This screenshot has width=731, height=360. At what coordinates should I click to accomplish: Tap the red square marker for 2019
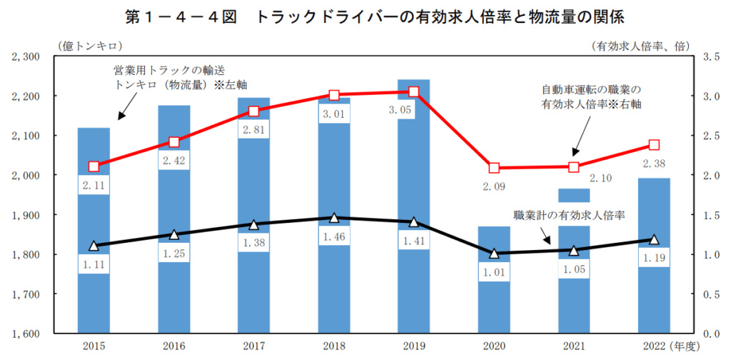(414, 91)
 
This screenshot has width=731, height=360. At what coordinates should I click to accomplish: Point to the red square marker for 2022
(654, 145)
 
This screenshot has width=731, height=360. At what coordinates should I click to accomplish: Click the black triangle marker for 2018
(334, 218)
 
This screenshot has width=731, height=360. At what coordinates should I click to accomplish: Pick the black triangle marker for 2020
(494, 253)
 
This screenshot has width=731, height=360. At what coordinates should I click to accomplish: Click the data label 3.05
(414, 110)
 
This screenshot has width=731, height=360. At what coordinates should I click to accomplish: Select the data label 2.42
(174, 161)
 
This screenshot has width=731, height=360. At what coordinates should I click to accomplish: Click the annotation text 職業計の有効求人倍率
(569, 214)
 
